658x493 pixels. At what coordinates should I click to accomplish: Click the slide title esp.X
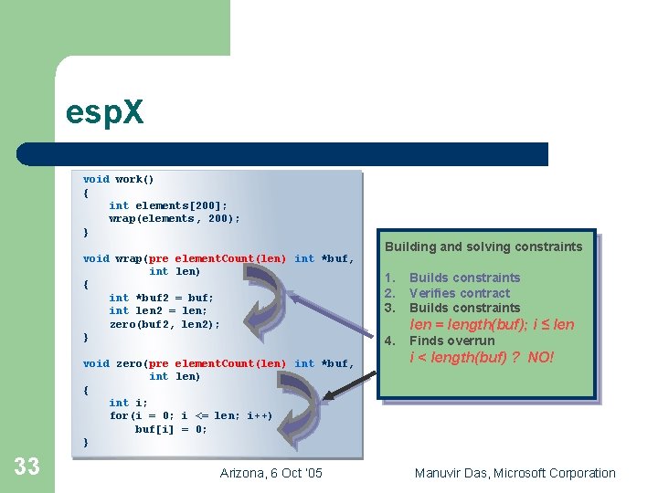pyautogui.click(x=104, y=112)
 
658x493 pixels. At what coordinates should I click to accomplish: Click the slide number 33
pyautogui.click(x=27, y=467)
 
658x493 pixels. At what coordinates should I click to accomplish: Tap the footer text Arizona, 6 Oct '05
pyautogui.click(x=271, y=473)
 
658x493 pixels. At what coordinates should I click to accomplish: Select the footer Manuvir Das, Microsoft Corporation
pyautogui.click(x=515, y=473)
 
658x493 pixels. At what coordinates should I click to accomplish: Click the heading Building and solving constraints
pyautogui.click(x=483, y=246)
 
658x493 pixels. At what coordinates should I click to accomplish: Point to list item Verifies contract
pyautogui.click(x=459, y=293)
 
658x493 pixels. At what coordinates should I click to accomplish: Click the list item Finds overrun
pyautogui.click(x=451, y=341)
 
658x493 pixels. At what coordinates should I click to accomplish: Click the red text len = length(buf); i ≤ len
pyautogui.click(x=492, y=324)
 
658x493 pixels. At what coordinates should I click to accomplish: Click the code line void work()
pyautogui.click(x=119, y=180)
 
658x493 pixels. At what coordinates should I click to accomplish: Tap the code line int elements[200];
pyautogui.click(x=168, y=205)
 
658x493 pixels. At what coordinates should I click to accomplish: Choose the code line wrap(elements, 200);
pyautogui.click(x=175, y=219)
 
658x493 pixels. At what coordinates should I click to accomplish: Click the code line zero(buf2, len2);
pyautogui.click(x=164, y=324)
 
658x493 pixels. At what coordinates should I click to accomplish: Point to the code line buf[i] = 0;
pyautogui.click(x=171, y=429)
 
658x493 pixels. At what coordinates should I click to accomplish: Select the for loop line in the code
pyautogui.click(x=191, y=415)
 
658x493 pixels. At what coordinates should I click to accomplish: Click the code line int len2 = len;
pyautogui.click(x=158, y=310)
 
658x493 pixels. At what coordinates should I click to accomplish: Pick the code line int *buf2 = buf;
pyautogui.click(x=161, y=298)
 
